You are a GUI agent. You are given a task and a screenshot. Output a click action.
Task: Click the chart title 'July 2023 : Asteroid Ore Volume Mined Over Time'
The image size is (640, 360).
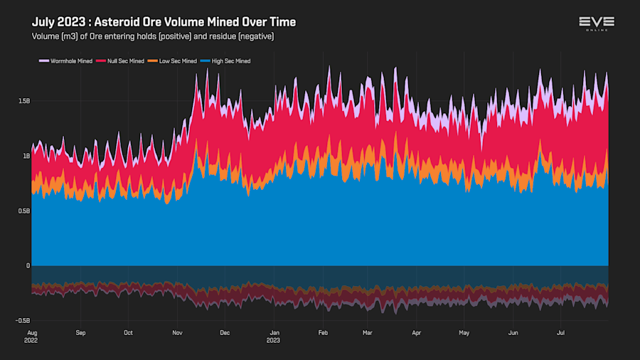click(x=164, y=22)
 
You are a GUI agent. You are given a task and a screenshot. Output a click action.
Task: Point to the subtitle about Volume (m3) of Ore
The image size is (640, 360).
click(x=153, y=36)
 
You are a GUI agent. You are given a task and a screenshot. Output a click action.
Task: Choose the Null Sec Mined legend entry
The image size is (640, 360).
click(x=126, y=61)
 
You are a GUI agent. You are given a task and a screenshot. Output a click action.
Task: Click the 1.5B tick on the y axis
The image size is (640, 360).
click(x=23, y=101)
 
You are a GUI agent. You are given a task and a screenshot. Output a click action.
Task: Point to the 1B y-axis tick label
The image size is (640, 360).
click(x=26, y=156)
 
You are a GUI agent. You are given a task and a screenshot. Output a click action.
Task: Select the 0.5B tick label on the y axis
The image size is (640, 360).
click(x=23, y=211)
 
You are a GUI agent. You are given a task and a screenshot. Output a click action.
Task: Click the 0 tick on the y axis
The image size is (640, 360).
click(x=28, y=265)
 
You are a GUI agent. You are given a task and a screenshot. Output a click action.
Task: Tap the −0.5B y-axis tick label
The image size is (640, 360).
click(x=22, y=321)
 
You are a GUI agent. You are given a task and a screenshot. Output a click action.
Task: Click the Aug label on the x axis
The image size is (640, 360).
click(x=32, y=332)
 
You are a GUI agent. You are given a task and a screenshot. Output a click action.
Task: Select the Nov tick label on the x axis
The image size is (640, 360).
click(x=176, y=332)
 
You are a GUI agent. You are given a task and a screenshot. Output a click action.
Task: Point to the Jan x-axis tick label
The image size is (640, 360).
click(x=273, y=332)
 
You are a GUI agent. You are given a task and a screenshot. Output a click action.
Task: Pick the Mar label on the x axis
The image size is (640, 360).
click(x=367, y=332)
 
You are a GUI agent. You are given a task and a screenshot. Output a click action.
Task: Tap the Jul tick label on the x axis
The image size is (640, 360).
click(x=560, y=332)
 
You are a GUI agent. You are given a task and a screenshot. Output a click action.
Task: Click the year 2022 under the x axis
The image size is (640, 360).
click(x=32, y=340)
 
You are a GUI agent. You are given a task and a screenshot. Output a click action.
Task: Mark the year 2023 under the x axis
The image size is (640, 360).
click(x=273, y=340)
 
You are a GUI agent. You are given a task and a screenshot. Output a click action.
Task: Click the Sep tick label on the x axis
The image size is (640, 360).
click(x=80, y=332)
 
